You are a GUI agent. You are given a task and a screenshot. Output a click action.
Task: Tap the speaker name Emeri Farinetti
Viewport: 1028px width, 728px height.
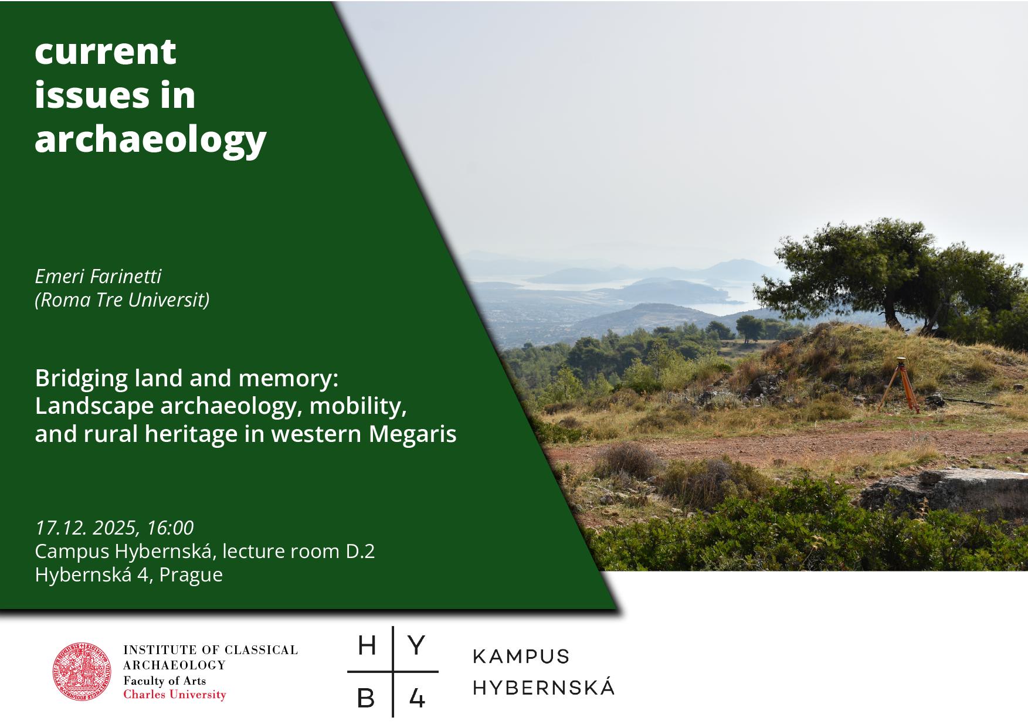[98, 276]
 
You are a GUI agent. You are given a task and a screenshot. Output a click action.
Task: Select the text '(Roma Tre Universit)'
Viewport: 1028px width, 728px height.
[122, 300]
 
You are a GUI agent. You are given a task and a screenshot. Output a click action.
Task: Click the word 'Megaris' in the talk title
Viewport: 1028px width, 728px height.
[413, 434]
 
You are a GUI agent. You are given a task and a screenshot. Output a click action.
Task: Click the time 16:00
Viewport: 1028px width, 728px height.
[170, 528]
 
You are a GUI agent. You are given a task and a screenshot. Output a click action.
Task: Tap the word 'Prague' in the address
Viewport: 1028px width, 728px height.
[191, 576]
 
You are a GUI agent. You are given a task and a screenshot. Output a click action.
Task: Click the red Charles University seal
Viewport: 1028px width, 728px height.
[82, 672]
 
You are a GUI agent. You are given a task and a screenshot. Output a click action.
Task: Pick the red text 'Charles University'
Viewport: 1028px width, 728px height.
[175, 695]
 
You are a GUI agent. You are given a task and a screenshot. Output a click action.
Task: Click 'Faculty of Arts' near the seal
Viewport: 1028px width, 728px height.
[165, 681]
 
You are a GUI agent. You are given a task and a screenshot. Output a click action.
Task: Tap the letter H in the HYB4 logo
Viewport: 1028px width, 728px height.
[367, 646]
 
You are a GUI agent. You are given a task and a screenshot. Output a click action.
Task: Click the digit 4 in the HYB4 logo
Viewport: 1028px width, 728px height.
[417, 698]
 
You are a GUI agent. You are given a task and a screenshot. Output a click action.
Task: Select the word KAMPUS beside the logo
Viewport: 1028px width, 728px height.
[521, 656]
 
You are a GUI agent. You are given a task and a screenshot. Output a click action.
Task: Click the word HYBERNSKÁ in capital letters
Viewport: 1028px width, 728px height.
[544, 687]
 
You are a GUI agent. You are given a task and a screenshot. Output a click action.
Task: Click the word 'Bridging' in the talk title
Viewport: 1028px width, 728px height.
[82, 379]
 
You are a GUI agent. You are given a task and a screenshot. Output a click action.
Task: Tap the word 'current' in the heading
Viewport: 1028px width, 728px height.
[106, 52]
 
